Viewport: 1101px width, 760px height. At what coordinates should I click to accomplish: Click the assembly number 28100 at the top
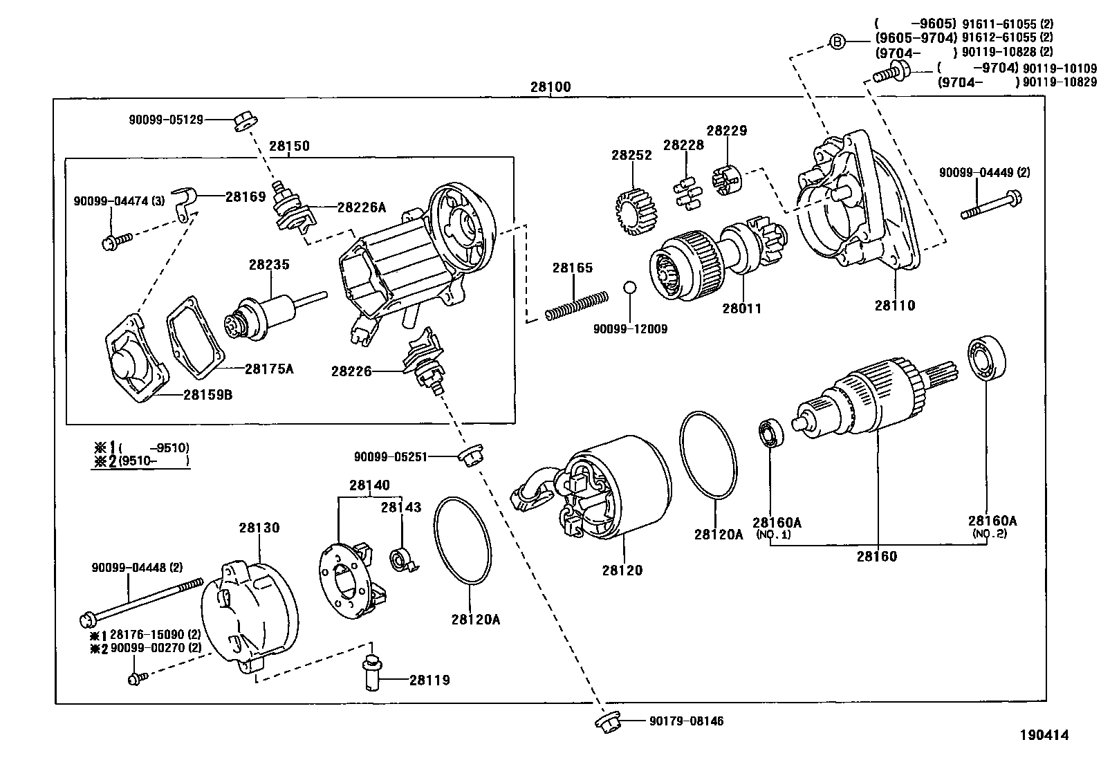point(550,88)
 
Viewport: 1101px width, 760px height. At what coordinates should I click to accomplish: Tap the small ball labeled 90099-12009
point(629,288)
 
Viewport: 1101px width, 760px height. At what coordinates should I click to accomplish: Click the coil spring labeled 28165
point(576,305)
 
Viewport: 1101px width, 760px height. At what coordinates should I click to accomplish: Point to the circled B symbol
point(838,43)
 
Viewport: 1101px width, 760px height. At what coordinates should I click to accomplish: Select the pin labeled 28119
point(373,671)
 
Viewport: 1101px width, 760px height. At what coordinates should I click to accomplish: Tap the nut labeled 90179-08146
point(607,721)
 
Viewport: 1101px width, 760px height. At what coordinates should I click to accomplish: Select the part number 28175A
point(269,369)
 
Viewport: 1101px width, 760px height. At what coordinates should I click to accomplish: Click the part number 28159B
point(207,396)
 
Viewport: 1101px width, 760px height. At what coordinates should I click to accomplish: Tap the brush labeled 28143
point(402,558)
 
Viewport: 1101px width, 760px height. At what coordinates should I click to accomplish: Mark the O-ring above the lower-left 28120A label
point(462,539)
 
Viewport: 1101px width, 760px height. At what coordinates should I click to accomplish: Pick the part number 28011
point(741,308)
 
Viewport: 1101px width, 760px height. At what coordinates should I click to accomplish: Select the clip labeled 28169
point(185,204)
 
